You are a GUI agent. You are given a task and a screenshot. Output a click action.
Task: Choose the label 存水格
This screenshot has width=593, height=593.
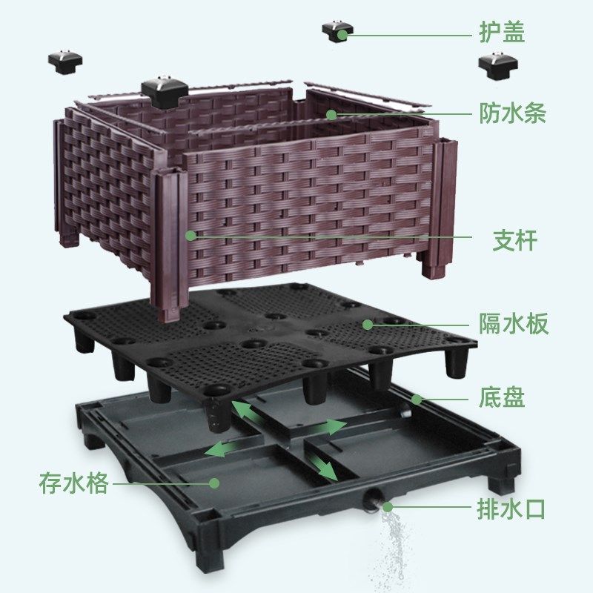(x=74, y=483)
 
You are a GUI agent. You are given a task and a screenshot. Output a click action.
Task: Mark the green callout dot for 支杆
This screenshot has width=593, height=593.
(x=191, y=236)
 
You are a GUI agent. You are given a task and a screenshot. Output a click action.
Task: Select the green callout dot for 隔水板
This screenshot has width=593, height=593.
(x=367, y=324)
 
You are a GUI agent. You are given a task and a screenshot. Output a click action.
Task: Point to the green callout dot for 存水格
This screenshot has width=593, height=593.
(x=215, y=483)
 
